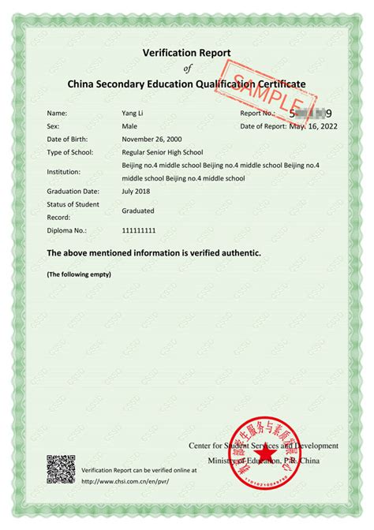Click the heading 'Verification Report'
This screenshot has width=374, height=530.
[187, 52]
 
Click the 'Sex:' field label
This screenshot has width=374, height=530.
[54, 126]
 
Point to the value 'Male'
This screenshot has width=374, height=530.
[130, 126]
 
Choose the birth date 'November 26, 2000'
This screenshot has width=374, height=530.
[152, 139]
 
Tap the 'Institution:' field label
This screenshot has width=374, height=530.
[65, 171]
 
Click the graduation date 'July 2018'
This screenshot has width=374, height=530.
[137, 191]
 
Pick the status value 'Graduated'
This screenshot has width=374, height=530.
[138, 211]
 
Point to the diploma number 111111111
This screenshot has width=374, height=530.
[140, 231]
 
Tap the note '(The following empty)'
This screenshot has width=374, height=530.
[79, 274]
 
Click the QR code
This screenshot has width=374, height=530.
[61, 469]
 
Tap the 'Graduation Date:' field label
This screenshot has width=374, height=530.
[73, 191]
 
